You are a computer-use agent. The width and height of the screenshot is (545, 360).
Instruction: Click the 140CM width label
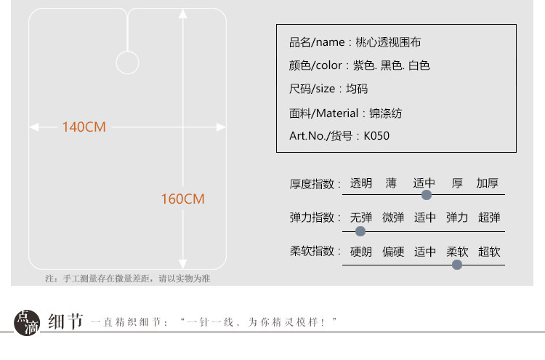tap(84, 127)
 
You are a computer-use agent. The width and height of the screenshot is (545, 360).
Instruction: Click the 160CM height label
tap(182, 199)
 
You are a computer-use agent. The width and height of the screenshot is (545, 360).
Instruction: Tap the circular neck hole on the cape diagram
tap(127, 63)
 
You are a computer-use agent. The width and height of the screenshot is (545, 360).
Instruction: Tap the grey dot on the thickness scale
tap(427, 194)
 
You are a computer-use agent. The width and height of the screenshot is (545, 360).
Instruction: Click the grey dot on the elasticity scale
tap(360, 231)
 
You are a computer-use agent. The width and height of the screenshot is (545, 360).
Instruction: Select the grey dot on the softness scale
tap(457, 265)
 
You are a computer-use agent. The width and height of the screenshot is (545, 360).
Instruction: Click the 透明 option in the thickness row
tap(361, 183)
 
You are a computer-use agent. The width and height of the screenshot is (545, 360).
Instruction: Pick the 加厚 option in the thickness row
tap(487, 183)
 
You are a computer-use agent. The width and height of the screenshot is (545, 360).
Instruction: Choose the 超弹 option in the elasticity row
tap(489, 217)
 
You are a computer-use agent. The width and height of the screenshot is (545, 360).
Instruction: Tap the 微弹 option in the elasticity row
tap(393, 217)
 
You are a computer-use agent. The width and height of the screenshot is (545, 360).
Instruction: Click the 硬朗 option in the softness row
tap(361, 252)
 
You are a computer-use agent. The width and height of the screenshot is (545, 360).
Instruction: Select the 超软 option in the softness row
tap(489, 252)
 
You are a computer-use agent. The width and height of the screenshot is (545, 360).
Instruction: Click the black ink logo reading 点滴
tap(28, 321)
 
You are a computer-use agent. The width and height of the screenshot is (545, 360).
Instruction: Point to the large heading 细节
tap(65, 321)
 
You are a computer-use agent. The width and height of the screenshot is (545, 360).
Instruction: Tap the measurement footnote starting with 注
tap(127, 279)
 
